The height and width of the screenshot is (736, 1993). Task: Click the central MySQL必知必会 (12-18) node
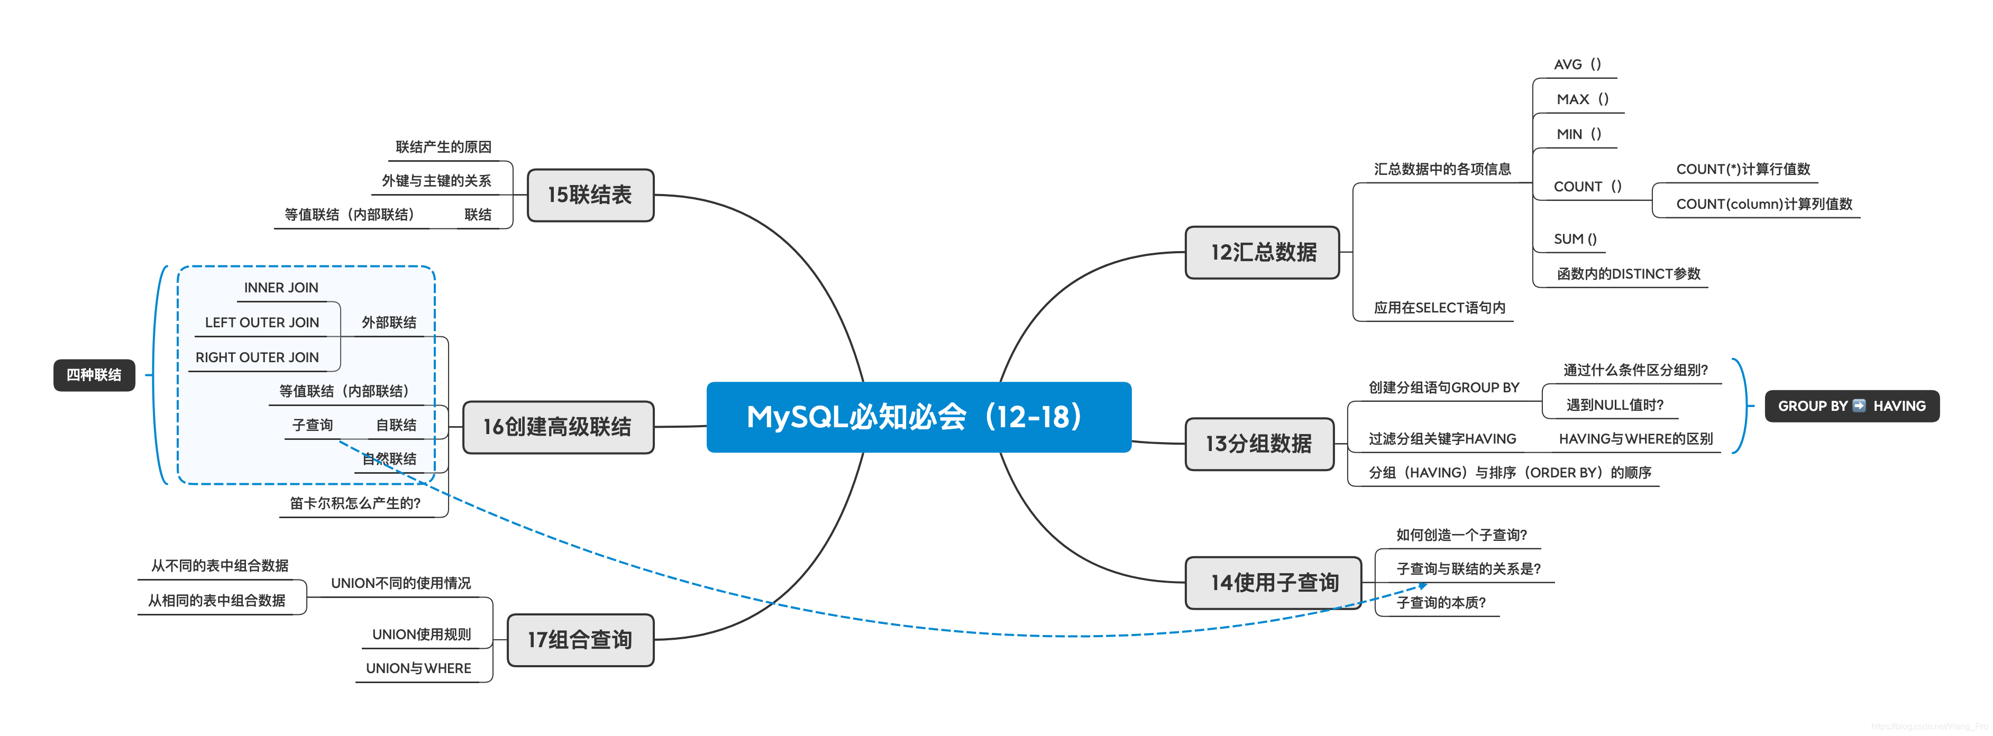pyautogui.click(x=918, y=417)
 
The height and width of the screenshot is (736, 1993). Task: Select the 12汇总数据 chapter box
pyautogui.click(x=1262, y=252)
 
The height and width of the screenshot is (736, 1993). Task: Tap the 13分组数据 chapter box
pyautogui.click(x=1259, y=444)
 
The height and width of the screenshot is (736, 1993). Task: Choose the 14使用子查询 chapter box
pyautogui.click(x=1274, y=583)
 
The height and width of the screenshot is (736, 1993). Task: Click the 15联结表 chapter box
pyautogui.click(x=590, y=195)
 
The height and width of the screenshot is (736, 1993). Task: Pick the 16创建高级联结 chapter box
pyautogui.click(x=557, y=427)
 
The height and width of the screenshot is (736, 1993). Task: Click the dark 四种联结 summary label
pyautogui.click(x=94, y=375)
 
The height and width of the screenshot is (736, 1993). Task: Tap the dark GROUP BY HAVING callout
pyautogui.click(x=1851, y=406)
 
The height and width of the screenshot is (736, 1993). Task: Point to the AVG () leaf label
pyautogui.click(x=1577, y=64)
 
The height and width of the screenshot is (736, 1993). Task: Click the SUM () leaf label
pyautogui.click(x=1575, y=239)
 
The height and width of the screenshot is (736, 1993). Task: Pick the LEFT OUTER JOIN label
pyautogui.click(x=261, y=323)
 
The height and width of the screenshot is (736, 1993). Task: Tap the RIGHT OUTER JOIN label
pyautogui.click(x=257, y=357)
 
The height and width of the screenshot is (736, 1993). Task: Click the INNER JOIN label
pyautogui.click(x=281, y=288)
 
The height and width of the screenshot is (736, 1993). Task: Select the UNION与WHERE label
pyautogui.click(x=418, y=668)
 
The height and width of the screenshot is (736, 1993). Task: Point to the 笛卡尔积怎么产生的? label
pyautogui.click(x=355, y=503)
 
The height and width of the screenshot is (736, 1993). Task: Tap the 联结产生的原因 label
pyautogui.click(x=443, y=147)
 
